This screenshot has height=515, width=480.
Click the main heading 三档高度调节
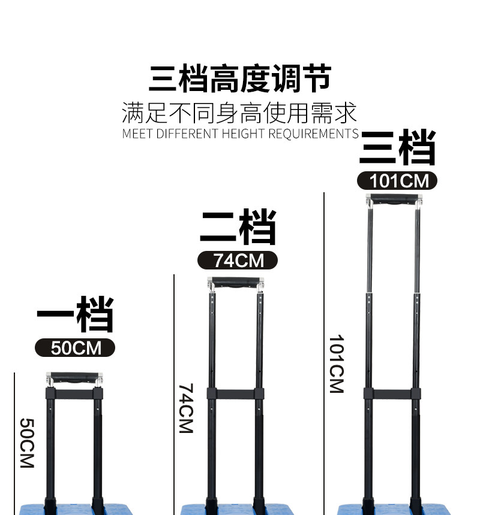tap(240, 80)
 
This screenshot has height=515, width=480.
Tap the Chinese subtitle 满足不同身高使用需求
tap(239, 113)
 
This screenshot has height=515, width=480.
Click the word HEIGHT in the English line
tap(244, 134)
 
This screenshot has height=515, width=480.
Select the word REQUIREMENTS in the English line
tap(313, 134)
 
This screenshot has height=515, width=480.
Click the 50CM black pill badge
tap(75, 348)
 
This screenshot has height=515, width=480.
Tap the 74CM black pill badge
tap(238, 260)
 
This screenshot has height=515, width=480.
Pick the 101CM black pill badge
tap(397, 180)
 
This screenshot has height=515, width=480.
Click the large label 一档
tap(75, 315)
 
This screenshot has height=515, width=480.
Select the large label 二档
tap(238, 228)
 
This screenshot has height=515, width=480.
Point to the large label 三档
tap(397, 148)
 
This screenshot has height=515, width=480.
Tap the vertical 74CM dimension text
tap(186, 409)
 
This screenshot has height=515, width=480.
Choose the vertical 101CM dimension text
tap(336, 363)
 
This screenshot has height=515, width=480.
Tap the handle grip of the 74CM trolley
tap(236, 283)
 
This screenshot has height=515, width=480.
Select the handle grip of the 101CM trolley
tap(394, 199)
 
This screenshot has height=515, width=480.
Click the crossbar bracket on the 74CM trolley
tap(236, 394)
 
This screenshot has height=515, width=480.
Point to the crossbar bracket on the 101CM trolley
tap(393, 394)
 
